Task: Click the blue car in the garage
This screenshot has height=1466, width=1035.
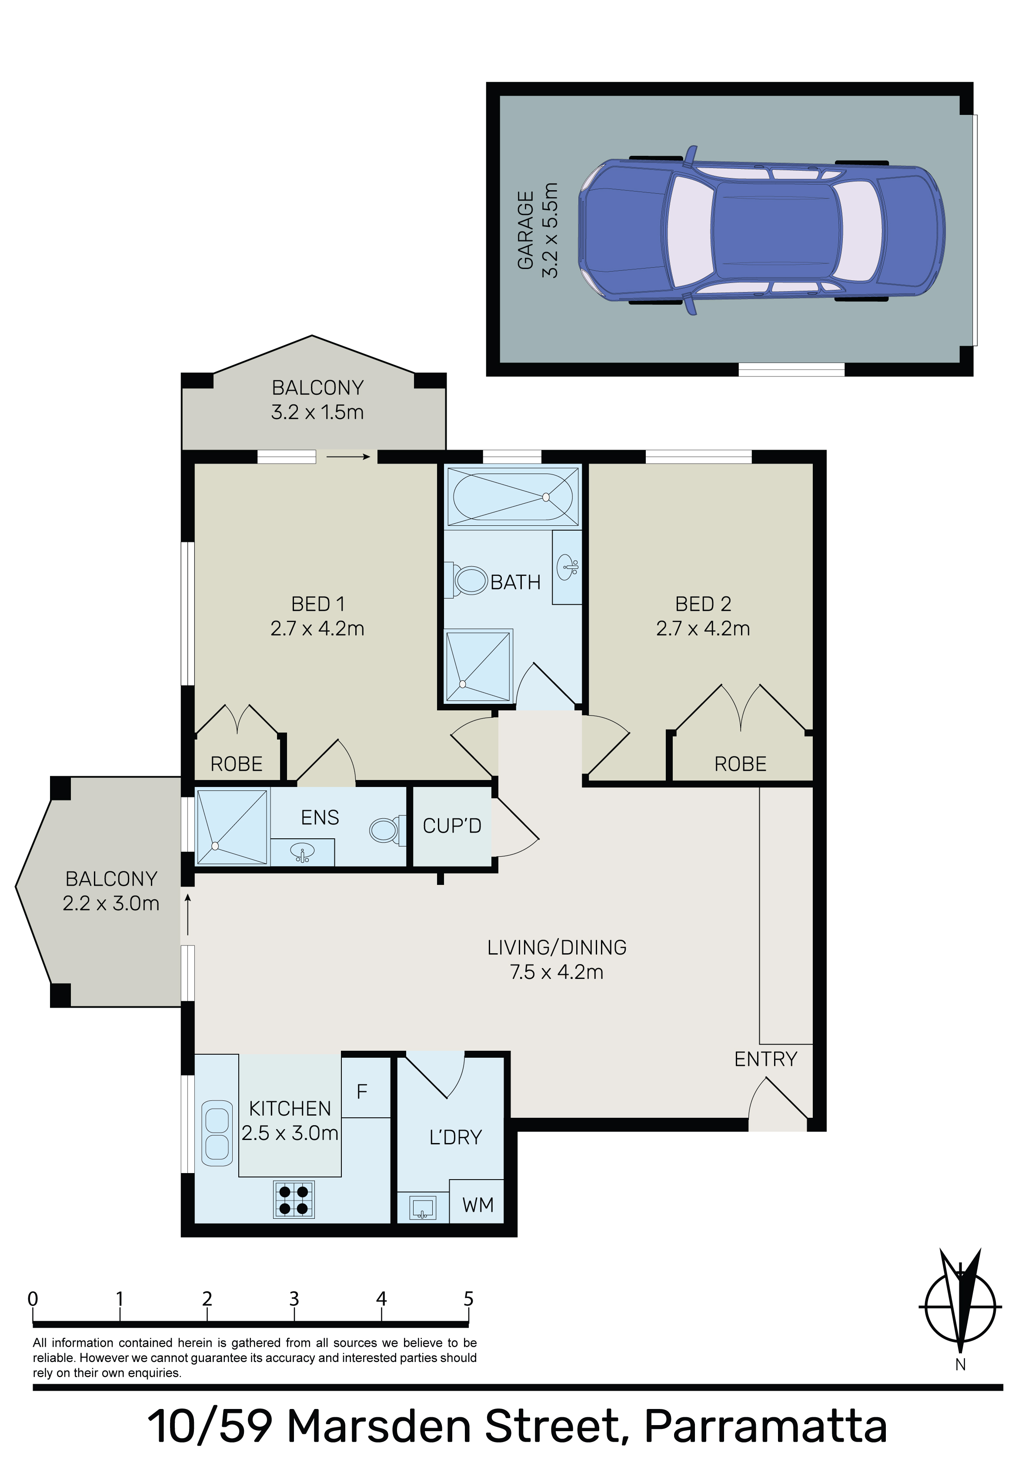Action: [x=761, y=230]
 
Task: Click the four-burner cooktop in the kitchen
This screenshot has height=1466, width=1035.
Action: [x=294, y=1199]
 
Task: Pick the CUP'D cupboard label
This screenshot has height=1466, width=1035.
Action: [x=452, y=826]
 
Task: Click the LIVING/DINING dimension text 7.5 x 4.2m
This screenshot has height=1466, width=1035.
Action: [x=557, y=972]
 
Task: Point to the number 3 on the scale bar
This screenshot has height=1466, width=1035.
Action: [x=294, y=1299]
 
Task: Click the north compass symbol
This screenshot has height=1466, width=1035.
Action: [x=960, y=1308]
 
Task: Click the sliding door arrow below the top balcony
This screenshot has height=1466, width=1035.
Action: [x=348, y=457]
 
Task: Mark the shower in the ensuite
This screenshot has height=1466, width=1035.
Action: [x=232, y=827]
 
